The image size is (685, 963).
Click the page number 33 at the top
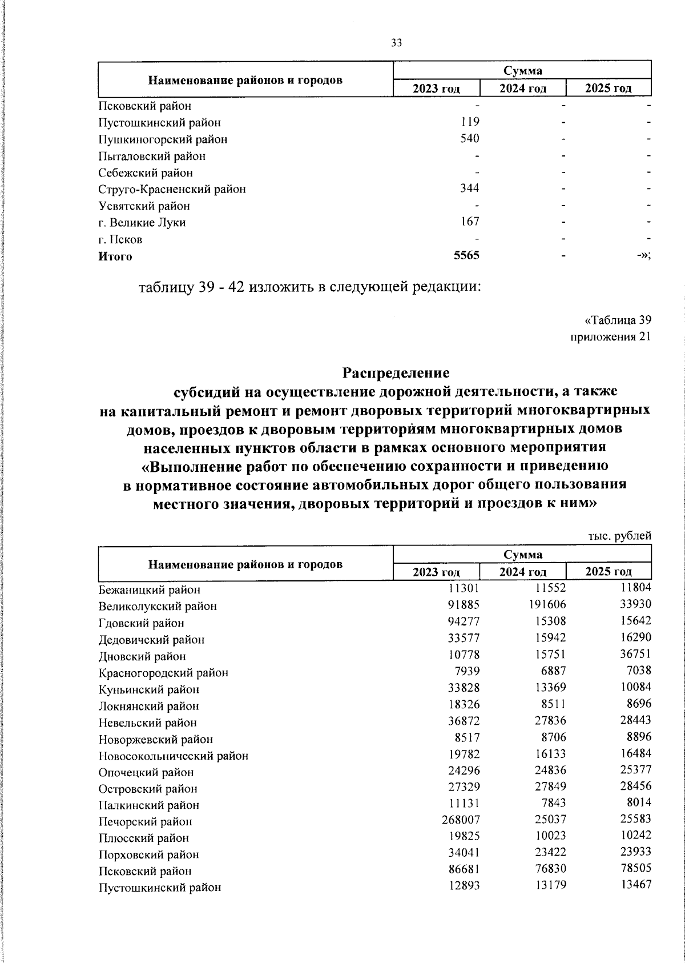pyautogui.click(x=397, y=42)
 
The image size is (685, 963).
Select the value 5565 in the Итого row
pyautogui.click(x=466, y=256)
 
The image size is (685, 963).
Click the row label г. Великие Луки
pyautogui.click(x=142, y=223)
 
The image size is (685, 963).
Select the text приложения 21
pyautogui.click(x=611, y=337)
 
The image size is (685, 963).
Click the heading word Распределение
pyautogui.click(x=396, y=374)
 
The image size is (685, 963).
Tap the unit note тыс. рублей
pyautogui.click(x=619, y=536)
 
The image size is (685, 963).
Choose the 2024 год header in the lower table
pyautogui.click(x=523, y=572)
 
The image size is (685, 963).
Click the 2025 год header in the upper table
pyautogui.click(x=609, y=88)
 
